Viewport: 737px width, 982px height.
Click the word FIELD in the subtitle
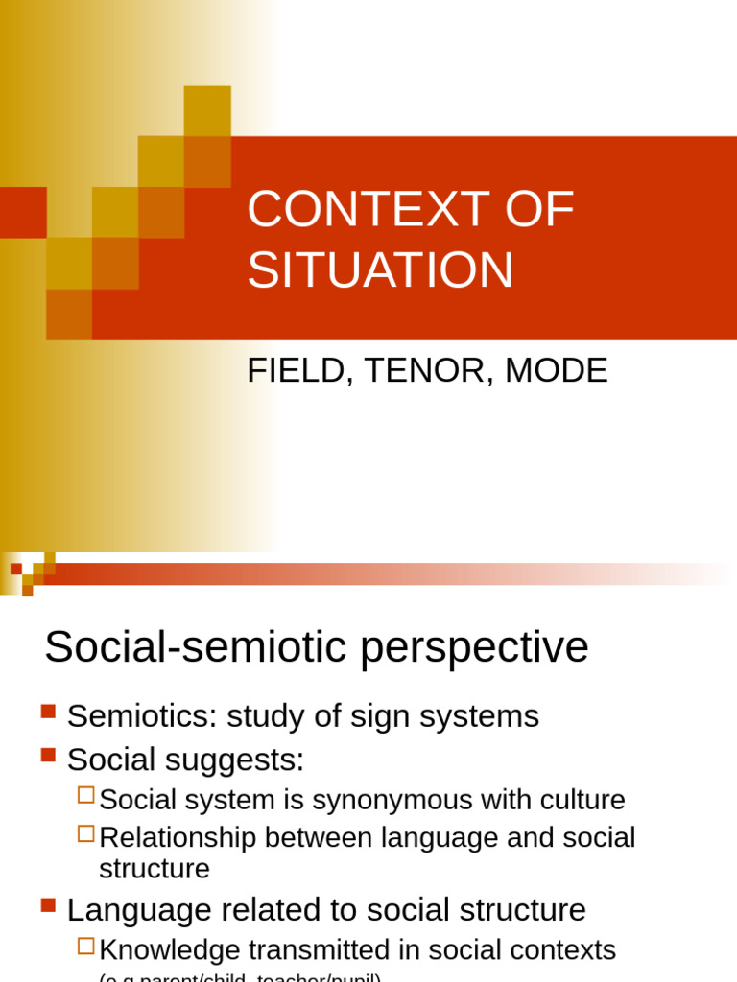click(x=293, y=371)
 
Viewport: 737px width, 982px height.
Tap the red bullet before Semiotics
click(x=49, y=712)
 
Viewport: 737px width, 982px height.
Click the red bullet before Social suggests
click(x=49, y=756)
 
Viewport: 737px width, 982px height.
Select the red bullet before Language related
click(x=49, y=904)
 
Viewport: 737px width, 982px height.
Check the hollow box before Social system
click(x=85, y=794)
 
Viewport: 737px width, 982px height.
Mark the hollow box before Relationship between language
click(x=85, y=833)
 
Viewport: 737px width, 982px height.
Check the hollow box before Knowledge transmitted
click(x=85, y=946)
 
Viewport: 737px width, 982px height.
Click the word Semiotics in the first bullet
click(x=134, y=716)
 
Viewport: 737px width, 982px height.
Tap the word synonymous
click(x=381, y=800)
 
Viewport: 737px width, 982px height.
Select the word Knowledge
click(x=170, y=950)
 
